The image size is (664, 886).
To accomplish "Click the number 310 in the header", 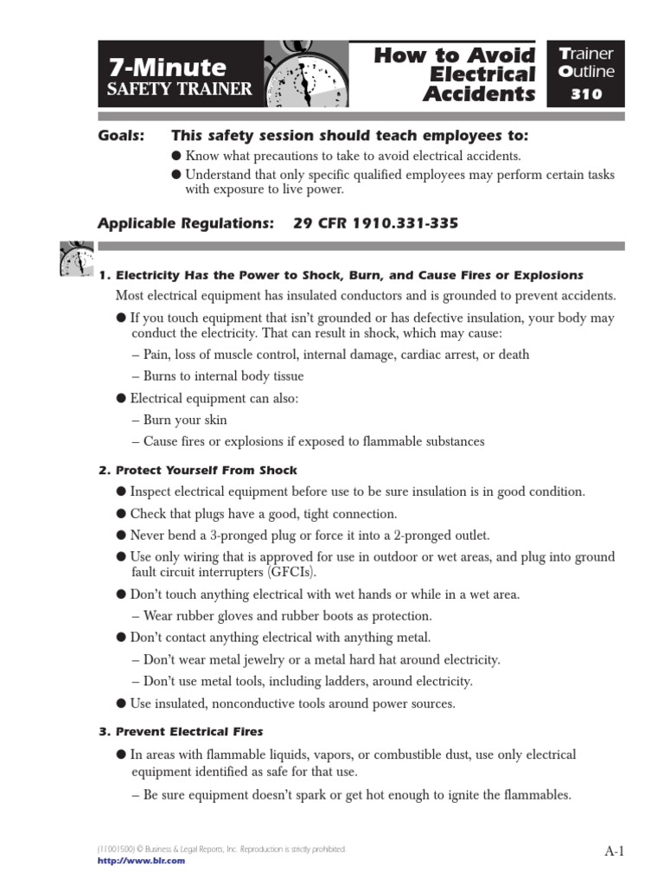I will (586, 94).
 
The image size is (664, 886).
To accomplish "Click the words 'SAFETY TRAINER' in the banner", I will (180, 89).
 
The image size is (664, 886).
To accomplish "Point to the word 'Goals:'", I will (121, 136).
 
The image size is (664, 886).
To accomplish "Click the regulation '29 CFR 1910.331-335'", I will (375, 223).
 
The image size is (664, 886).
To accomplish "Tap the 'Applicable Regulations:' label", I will (185, 223).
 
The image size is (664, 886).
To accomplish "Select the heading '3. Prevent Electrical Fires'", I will (181, 731).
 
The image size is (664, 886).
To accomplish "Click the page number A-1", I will (614, 851).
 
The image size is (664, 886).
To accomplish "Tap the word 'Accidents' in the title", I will (479, 94).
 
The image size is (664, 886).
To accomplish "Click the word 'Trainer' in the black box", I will (586, 54).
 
